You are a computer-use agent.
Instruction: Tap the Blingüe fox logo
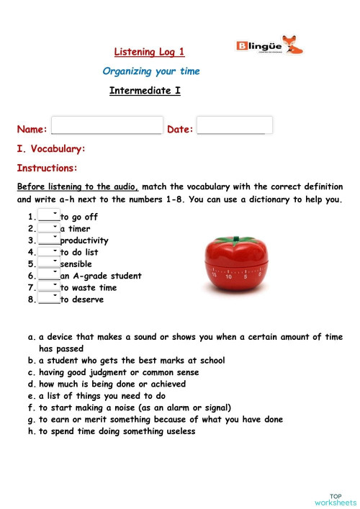tap(269, 47)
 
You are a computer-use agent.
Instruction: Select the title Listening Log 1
tap(150, 52)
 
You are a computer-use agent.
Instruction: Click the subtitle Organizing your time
tap(151, 71)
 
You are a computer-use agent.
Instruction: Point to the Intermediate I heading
tap(145, 91)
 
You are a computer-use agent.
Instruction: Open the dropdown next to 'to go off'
tap(49, 216)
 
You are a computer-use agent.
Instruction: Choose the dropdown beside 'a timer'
tap(49, 228)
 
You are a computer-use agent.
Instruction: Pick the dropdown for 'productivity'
tap(49, 240)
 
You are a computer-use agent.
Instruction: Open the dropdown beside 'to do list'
tap(49, 252)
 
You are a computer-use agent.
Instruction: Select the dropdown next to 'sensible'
tap(49, 263)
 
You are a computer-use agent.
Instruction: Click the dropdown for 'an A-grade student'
tap(49, 276)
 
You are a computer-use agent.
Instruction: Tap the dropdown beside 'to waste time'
tap(49, 287)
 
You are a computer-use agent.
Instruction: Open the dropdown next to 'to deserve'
tap(49, 299)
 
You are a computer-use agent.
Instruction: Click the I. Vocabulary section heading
tap(51, 148)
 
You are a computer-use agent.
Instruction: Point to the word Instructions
tap(47, 168)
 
